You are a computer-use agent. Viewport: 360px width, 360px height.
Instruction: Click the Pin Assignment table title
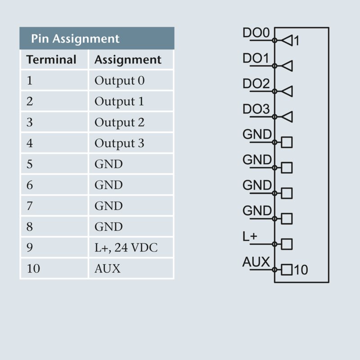[75, 39]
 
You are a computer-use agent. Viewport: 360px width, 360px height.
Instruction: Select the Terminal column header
[51, 60]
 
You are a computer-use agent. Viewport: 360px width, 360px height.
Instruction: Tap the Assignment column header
[128, 60]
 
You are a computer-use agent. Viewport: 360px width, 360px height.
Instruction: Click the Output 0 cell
[119, 81]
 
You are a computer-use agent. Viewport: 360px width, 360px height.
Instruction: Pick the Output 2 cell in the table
[119, 122]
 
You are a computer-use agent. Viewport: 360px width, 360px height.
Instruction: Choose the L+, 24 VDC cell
[126, 247]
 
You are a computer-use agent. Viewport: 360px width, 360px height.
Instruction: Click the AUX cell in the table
[108, 269]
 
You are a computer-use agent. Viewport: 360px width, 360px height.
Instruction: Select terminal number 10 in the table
[33, 269]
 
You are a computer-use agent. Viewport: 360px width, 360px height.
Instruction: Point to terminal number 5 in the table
[30, 164]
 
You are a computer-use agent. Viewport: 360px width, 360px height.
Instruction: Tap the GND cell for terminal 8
[108, 227]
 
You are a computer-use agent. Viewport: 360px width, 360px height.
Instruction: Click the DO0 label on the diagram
[256, 33]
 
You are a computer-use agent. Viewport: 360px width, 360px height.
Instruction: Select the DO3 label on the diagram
[256, 109]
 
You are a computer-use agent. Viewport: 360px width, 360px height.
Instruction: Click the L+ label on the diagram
[250, 237]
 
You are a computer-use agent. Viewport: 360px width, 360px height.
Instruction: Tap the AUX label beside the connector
[256, 262]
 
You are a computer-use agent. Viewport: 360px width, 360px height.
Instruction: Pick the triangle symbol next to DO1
[287, 66]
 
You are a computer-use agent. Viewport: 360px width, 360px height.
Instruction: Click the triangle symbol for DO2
[287, 91]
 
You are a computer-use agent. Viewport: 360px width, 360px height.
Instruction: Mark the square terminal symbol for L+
[287, 244]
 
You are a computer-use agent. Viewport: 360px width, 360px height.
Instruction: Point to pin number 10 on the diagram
[301, 270]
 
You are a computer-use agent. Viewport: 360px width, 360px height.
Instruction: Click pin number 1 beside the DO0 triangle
[296, 41]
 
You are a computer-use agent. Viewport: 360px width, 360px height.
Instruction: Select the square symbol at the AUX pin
[287, 270]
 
